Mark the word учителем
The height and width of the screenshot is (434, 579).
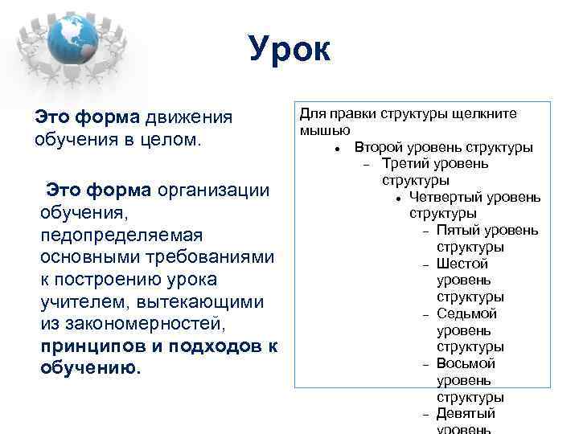(x=76, y=302)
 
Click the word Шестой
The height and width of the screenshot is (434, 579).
(x=462, y=264)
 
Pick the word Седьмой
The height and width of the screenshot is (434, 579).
(x=466, y=313)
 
